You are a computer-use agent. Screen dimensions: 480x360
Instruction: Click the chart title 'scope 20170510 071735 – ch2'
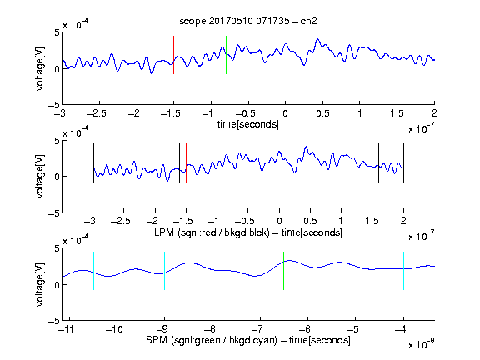(248, 21)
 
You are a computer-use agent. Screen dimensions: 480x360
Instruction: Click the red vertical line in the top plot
(173, 55)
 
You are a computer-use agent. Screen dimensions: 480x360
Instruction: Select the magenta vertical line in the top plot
(397, 55)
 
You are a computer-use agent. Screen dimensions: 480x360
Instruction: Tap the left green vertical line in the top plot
(226, 55)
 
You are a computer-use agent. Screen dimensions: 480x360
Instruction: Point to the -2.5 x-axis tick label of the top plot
(97, 113)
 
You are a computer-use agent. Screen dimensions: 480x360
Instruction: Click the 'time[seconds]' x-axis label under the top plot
(248, 124)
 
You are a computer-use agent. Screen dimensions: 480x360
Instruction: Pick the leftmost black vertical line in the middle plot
(93, 162)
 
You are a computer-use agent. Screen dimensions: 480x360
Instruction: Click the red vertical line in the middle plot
(186, 162)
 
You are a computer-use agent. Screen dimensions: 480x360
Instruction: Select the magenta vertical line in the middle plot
(372, 162)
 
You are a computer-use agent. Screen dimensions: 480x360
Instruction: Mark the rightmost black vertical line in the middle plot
(403, 162)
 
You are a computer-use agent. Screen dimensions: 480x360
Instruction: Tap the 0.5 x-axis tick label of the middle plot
(310, 221)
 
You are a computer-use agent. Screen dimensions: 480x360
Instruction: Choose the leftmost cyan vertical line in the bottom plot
(93, 271)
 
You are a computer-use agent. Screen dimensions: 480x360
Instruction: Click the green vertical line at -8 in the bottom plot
(212, 271)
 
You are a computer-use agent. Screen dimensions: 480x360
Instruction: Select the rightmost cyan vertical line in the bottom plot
(403, 271)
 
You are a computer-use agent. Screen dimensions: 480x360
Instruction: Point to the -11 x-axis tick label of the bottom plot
(69, 329)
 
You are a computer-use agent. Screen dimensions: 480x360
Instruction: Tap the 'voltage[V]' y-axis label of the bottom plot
(40, 284)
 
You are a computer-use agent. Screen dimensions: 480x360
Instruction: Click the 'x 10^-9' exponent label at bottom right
(421, 344)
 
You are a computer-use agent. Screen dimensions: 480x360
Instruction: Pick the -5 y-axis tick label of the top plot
(54, 105)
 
